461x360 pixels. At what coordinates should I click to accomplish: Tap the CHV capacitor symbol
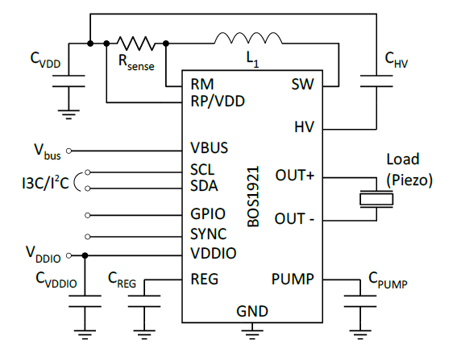[375, 77]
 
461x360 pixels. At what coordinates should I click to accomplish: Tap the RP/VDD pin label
[217, 101]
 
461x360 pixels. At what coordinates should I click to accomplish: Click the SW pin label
[301, 84]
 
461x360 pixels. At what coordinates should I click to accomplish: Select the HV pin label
[304, 127]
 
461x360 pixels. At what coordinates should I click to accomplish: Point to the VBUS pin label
[209, 149]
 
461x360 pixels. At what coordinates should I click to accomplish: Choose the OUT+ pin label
[294, 176]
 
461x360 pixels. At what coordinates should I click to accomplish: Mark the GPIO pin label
[207, 215]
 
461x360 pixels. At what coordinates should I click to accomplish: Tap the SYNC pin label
[208, 235]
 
